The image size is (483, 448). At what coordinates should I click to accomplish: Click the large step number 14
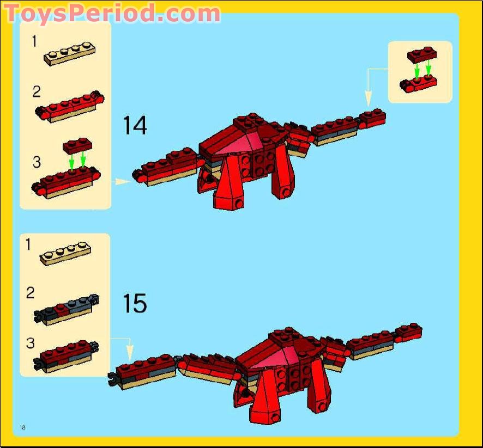pos(135,125)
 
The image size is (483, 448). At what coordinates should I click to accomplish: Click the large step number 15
pos(135,303)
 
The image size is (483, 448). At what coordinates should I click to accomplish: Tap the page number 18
pos(22,427)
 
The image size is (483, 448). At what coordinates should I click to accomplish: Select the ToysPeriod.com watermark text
pos(112,13)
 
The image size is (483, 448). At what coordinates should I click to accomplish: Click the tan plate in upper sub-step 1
pos(69,53)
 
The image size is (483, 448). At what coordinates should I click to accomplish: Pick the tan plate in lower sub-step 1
pos(65,254)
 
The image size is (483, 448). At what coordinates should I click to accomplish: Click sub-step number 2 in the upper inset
pos(37,91)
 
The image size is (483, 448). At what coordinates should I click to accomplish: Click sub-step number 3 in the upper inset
pos(37,162)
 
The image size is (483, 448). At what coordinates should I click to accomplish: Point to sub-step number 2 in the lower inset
pos(30,293)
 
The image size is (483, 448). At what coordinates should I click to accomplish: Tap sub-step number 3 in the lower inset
pos(30,343)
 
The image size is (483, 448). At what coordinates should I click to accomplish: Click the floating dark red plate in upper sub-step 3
pos(77,145)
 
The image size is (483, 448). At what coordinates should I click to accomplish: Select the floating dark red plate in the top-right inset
pos(422,55)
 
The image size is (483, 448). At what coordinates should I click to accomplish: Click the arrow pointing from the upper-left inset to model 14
pos(122,181)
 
